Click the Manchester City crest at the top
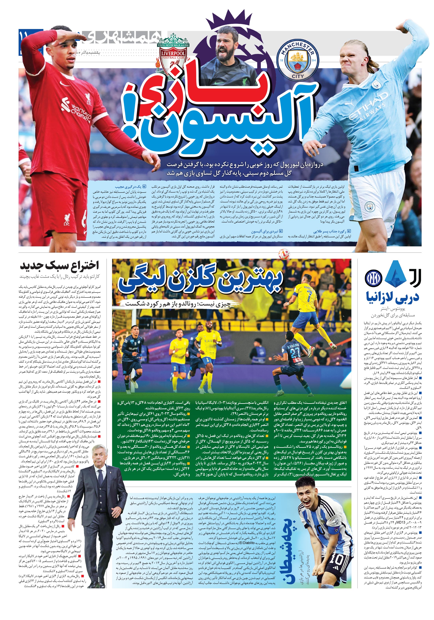[x=298, y=61]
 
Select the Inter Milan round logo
[x=373, y=278]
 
